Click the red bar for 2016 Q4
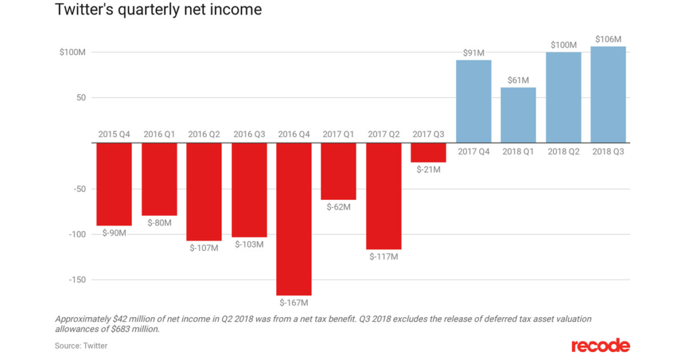294,219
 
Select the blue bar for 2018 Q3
608,94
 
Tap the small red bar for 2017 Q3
429,153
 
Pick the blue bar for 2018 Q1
518,115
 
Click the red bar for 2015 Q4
114,184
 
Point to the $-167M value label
294,302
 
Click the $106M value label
608,39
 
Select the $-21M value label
429,170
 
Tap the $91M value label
474,53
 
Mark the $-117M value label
384,256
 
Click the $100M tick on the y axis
72,52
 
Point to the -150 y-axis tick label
78,280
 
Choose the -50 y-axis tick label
80,189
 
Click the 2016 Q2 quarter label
204,134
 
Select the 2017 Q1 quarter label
339,134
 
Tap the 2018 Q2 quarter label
563,152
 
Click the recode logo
600,345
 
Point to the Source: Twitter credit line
81,346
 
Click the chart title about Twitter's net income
158,11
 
